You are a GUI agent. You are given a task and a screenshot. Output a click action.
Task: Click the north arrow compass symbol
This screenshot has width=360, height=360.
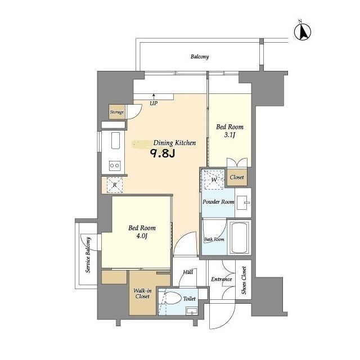(x=303, y=31)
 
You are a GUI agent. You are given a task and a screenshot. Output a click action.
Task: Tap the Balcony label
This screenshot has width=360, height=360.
(x=200, y=56)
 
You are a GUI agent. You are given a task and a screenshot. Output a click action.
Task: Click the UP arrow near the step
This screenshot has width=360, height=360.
(x=154, y=96)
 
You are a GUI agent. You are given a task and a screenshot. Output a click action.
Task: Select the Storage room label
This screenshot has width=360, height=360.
(x=117, y=112)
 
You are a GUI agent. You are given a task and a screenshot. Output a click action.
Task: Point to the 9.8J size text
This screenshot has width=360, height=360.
(x=163, y=154)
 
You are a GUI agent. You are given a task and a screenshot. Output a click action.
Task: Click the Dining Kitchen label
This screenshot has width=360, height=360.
(x=174, y=143)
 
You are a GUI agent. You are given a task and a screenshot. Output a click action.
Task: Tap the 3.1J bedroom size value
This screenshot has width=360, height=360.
(x=229, y=135)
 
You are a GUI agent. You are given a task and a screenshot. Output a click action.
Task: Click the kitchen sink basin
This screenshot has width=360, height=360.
(x=115, y=141)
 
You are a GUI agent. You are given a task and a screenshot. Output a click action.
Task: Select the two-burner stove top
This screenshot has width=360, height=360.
(x=115, y=165)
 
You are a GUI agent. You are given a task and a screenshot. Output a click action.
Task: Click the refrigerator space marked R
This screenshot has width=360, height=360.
(x=115, y=185)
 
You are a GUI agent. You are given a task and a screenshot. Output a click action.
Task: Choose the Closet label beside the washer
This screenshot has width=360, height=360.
(x=237, y=177)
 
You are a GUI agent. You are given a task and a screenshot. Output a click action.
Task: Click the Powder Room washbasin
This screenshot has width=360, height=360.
(x=242, y=202)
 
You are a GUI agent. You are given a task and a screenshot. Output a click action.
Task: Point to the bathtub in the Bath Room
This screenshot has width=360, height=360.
(x=240, y=237)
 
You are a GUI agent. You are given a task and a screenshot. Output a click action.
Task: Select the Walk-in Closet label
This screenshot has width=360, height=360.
(x=142, y=294)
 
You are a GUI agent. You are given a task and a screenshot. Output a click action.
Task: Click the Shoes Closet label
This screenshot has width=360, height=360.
(x=244, y=280)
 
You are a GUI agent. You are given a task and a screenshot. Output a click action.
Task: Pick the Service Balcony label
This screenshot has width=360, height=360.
(x=88, y=255)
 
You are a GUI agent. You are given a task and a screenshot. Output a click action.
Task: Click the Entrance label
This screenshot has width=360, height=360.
(x=221, y=279)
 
